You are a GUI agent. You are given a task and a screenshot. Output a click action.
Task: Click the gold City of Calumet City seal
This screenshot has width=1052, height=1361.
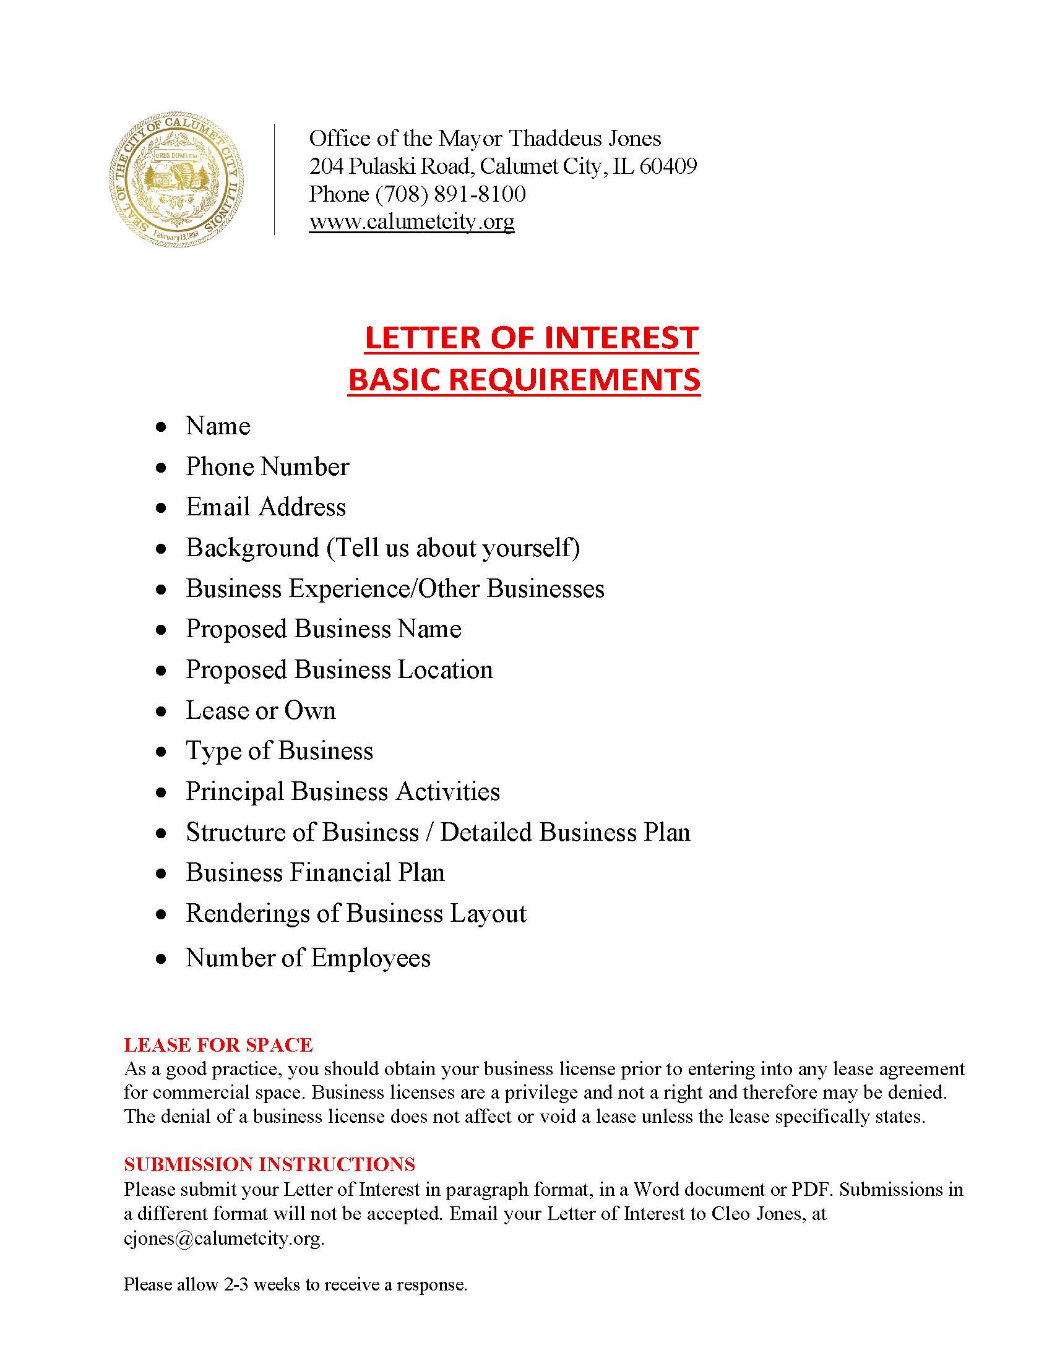tap(176, 180)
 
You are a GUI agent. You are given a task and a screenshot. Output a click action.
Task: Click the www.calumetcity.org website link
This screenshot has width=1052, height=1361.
tap(412, 222)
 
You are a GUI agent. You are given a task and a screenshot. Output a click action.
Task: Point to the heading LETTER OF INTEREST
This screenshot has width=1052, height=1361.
tap(531, 338)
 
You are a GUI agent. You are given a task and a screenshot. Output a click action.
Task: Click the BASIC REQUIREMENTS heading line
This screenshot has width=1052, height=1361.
tap(524, 379)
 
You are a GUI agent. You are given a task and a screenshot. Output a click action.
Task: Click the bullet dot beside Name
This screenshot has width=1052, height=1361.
tap(162, 427)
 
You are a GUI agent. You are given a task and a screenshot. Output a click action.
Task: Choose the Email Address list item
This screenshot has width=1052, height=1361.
tap(265, 507)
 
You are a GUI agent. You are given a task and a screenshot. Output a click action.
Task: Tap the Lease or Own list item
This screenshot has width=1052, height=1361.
tap(261, 711)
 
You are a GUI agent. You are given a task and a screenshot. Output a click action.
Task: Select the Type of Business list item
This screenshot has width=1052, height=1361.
tap(279, 752)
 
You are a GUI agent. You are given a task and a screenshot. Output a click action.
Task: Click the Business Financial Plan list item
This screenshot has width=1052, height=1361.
tap(316, 873)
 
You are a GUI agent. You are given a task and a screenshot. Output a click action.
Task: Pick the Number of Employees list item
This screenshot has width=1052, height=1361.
tap(308, 958)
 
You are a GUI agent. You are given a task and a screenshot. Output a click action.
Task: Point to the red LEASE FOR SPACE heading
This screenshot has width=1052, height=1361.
tap(218, 1045)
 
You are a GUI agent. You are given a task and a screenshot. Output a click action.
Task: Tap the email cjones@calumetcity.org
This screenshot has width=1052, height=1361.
tap(223, 1239)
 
